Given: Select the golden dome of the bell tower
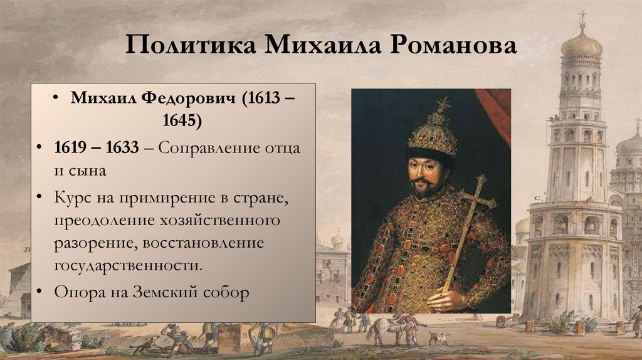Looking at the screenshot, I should pyautogui.click(x=581, y=45).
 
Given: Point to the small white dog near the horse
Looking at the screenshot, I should pyautogui.click(x=438, y=339).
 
